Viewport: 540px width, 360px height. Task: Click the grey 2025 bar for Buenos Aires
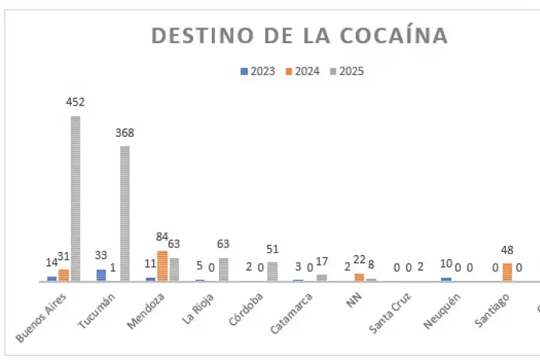pyautogui.click(x=76, y=198)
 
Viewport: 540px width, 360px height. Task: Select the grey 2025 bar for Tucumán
pyautogui.click(x=125, y=213)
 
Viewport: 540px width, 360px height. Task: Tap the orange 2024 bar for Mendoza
pyautogui.click(x=162, y=266)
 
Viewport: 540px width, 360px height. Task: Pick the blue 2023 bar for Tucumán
pyautogui.click(x=101, y=275)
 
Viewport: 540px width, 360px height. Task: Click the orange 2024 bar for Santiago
pyautogui.click(x=507, y=272)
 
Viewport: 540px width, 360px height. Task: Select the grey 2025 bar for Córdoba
pyautogui.click(x=272, y=271)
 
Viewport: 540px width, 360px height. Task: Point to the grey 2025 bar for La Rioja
pyautogui.click(x=223, y=269)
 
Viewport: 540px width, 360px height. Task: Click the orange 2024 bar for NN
pyautogui.click(x=359, y=277)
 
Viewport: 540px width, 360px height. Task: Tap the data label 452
pyautogui.click(x=76, y=103)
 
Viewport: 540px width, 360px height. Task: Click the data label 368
pyautogui.click(x=125, y=133)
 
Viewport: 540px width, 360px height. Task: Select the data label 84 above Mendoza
pyautogui.click(x=161, y=237)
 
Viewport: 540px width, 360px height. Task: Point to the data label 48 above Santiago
pyautogui.click(x=507, y=250)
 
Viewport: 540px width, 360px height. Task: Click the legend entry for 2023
pyautogui.click(x=258, y=71)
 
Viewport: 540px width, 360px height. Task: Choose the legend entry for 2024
pyautogui.click(x=302, y=71)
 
